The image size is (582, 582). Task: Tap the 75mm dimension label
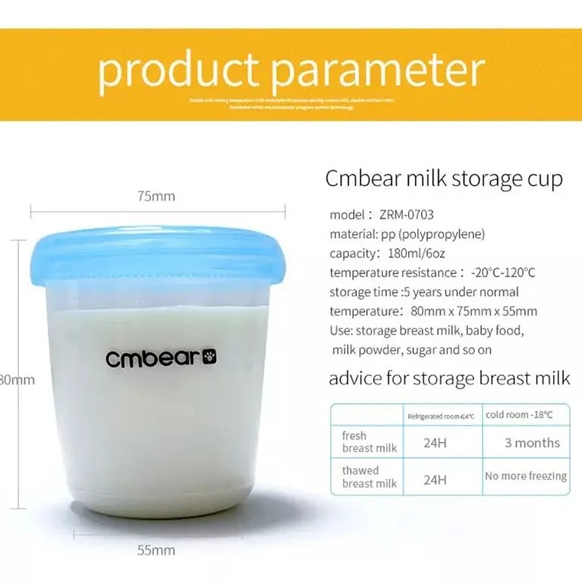pyautogui.click(x=156, y=196)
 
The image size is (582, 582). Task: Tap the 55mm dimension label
pyautogui.click(x=156, y=550)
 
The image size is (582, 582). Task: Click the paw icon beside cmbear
pyautogui.click(x=211, y=356)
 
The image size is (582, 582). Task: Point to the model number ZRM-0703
pyautogui.click(x=406, y=215)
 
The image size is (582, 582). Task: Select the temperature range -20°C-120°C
pyautogui.click(x=502, y=273)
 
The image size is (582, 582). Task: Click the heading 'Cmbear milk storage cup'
pyautogui.click(x=444, y=179)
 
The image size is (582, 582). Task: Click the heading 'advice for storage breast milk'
pyautogui.click(x=450, y=378)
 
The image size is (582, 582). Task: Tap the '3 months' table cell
pyautogui.click(x=532, y=443)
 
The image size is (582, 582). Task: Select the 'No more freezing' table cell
pyautogui.click(x=526, y=476)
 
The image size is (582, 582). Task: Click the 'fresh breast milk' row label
pyautogui.click(x=368, y=442)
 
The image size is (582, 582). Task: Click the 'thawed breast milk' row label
pyautogui.click(x=368, y=477)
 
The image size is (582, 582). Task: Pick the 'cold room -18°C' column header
pyautogui.click(x=519, y=414)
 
